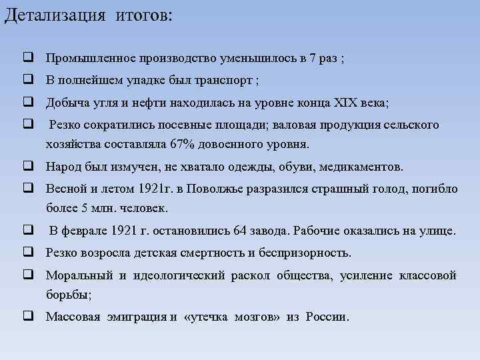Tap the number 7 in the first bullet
pos(313,58)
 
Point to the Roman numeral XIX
pos(344,103)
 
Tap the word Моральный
pos(76,275)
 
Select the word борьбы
pos(67,293)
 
